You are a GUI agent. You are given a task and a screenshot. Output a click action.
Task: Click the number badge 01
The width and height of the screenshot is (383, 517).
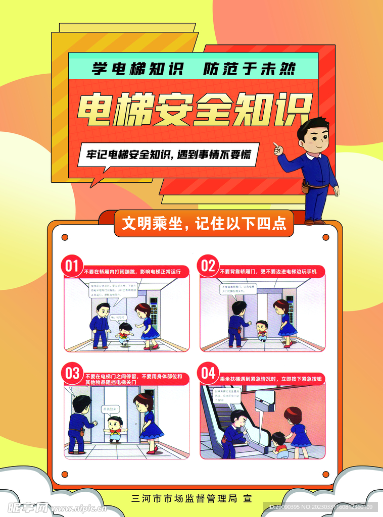coord(72,266)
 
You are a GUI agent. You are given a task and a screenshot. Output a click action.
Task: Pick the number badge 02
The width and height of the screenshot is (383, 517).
coord(208,266)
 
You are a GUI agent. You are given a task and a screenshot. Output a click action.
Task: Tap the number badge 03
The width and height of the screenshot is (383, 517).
coord(72,374)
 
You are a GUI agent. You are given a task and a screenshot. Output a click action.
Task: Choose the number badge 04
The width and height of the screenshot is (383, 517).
coord(208,374)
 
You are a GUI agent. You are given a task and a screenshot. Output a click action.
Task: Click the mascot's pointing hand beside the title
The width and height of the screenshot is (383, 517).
coord(277,148)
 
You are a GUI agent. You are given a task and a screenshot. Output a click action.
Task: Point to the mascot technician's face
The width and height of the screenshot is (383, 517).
coord(316,137)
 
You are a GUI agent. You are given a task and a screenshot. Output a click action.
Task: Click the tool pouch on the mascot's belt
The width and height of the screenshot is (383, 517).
coord(305,187)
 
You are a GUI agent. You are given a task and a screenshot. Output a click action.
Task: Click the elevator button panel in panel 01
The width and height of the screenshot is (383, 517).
coord(154,313)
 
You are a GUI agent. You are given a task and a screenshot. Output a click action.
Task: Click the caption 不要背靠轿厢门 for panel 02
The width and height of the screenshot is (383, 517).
coord(268,272)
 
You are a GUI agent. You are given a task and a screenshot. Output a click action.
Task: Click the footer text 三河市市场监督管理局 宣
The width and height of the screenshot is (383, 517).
coord(191,499)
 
